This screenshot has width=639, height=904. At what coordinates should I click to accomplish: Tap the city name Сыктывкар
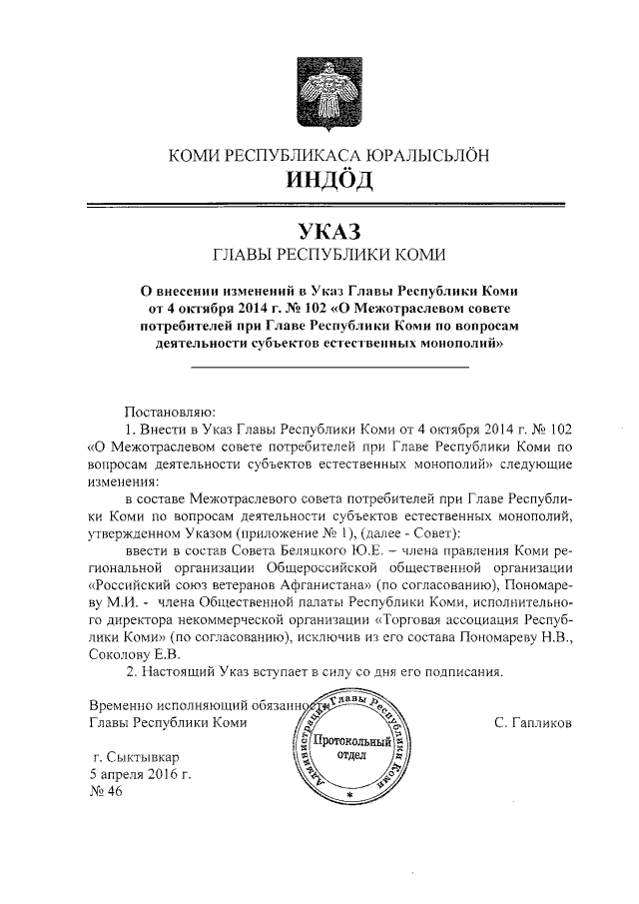(150, 756)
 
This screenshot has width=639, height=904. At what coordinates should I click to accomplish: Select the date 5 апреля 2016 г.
(140, 774)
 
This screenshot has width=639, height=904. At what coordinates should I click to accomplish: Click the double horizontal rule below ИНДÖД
(329, 206)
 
